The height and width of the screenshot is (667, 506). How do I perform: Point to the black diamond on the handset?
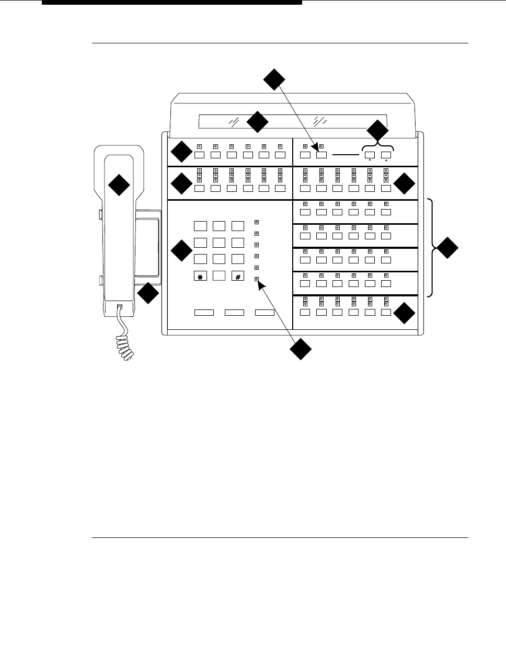119,185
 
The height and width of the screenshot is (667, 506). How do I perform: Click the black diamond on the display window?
257,122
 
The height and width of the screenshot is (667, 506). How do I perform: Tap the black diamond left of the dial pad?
181,251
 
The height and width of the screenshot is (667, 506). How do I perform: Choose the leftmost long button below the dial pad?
204,313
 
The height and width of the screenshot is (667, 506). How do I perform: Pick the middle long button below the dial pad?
234,313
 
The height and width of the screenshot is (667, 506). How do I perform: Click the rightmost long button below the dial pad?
265,313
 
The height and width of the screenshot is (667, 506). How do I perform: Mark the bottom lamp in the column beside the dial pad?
257,280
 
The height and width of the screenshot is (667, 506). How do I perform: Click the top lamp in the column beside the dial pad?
257,222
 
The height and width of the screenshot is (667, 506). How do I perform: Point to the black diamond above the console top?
274,79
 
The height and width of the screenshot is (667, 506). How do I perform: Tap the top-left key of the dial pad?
201,226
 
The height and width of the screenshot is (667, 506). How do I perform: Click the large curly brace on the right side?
431,248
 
